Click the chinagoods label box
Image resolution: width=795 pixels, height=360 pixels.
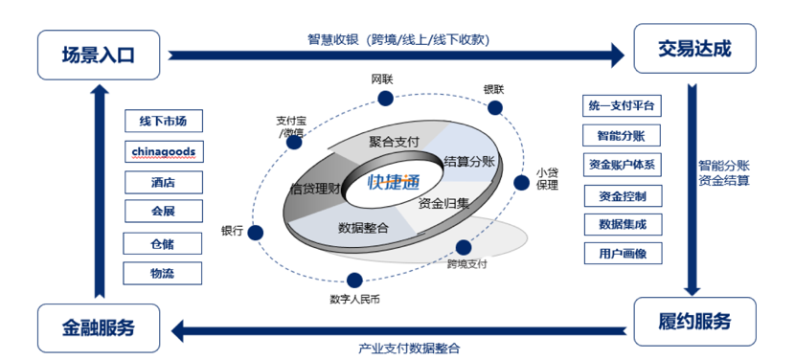(163, 151)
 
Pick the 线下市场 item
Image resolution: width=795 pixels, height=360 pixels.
(163, 122)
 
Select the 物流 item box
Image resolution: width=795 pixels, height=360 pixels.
(163, 273)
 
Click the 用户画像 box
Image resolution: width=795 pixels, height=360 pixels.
(623, 254)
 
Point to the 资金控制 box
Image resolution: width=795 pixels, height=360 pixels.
(623, 195)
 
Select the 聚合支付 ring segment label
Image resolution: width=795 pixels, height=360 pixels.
(394, 142)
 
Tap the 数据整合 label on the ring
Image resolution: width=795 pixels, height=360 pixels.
(363, 227)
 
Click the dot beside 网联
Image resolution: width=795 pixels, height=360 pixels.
(385, 99)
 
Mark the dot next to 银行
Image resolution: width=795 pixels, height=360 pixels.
(258, 231)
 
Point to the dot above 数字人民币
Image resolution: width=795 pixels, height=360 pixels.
(354, 281)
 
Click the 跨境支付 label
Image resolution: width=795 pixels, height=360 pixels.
(467, 263)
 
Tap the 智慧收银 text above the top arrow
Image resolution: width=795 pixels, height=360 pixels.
(398, 39)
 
